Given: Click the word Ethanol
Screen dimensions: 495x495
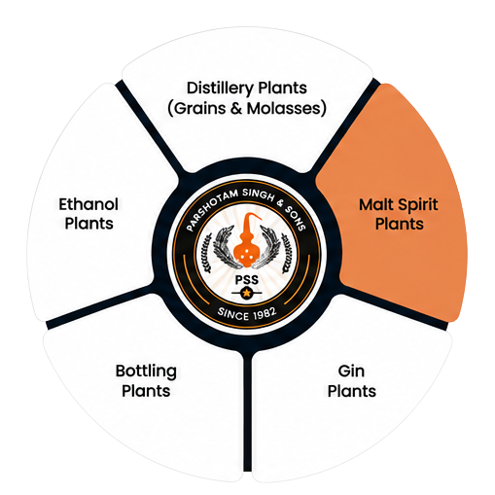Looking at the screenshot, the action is click(88, 204).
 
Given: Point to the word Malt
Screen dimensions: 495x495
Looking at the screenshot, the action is click(376, 205).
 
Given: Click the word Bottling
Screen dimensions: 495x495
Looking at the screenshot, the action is click(146, 371).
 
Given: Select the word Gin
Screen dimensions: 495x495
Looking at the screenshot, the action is click(351, 371).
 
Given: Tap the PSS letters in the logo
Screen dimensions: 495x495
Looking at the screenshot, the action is click(247, 280).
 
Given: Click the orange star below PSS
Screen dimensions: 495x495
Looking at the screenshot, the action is click(247, 293).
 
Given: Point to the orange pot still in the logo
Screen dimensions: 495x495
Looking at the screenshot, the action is click(247, 240).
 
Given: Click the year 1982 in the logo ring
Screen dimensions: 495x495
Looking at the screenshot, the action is click(265, 314).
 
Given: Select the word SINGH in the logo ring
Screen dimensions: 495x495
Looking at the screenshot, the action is click(259, 194).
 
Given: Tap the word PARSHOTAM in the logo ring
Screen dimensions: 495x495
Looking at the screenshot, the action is click(211, 208).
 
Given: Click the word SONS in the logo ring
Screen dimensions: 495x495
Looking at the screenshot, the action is click(296, 218).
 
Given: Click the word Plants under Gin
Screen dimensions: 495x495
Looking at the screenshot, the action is click(352, 392).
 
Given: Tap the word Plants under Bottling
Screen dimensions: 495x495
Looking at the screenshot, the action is click(146, 391).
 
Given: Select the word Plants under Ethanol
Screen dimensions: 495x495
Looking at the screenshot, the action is click(88, 224).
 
